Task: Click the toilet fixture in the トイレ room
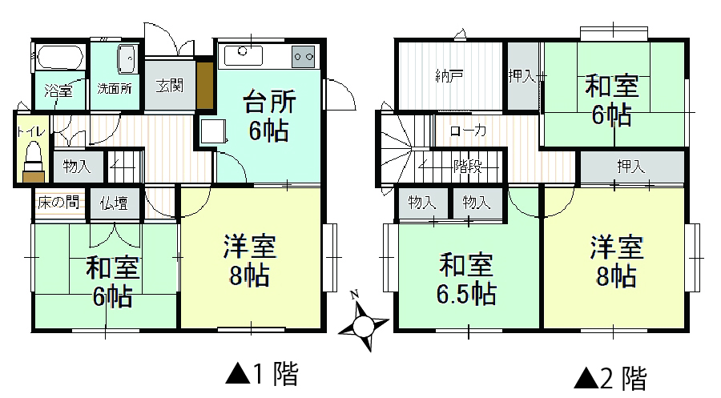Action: coord(33,161)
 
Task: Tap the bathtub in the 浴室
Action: coord(60,58)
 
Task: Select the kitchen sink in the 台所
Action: coord(244,56)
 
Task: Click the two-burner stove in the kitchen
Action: coord(304,57)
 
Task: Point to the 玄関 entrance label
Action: coord(170,86)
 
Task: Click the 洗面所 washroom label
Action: coord(115,88)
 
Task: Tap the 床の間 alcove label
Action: coord(58,202)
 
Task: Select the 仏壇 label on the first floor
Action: coord(114,203)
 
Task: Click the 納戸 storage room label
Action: coord(449,75)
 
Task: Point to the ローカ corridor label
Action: coord(468,131)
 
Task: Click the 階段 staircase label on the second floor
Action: coord(468,166)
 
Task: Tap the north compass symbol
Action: coord(363,321)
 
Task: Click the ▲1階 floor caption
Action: coord(262,373)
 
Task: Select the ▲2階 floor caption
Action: coord(610,378)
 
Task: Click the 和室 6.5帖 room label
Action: coord(466,279)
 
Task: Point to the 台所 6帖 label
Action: coord(269,116)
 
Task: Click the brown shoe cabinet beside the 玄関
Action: coord(205,85)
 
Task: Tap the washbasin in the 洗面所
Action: coord(127,58)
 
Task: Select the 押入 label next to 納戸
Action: coord(522,75)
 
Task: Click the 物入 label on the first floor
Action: coord(77,166)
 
